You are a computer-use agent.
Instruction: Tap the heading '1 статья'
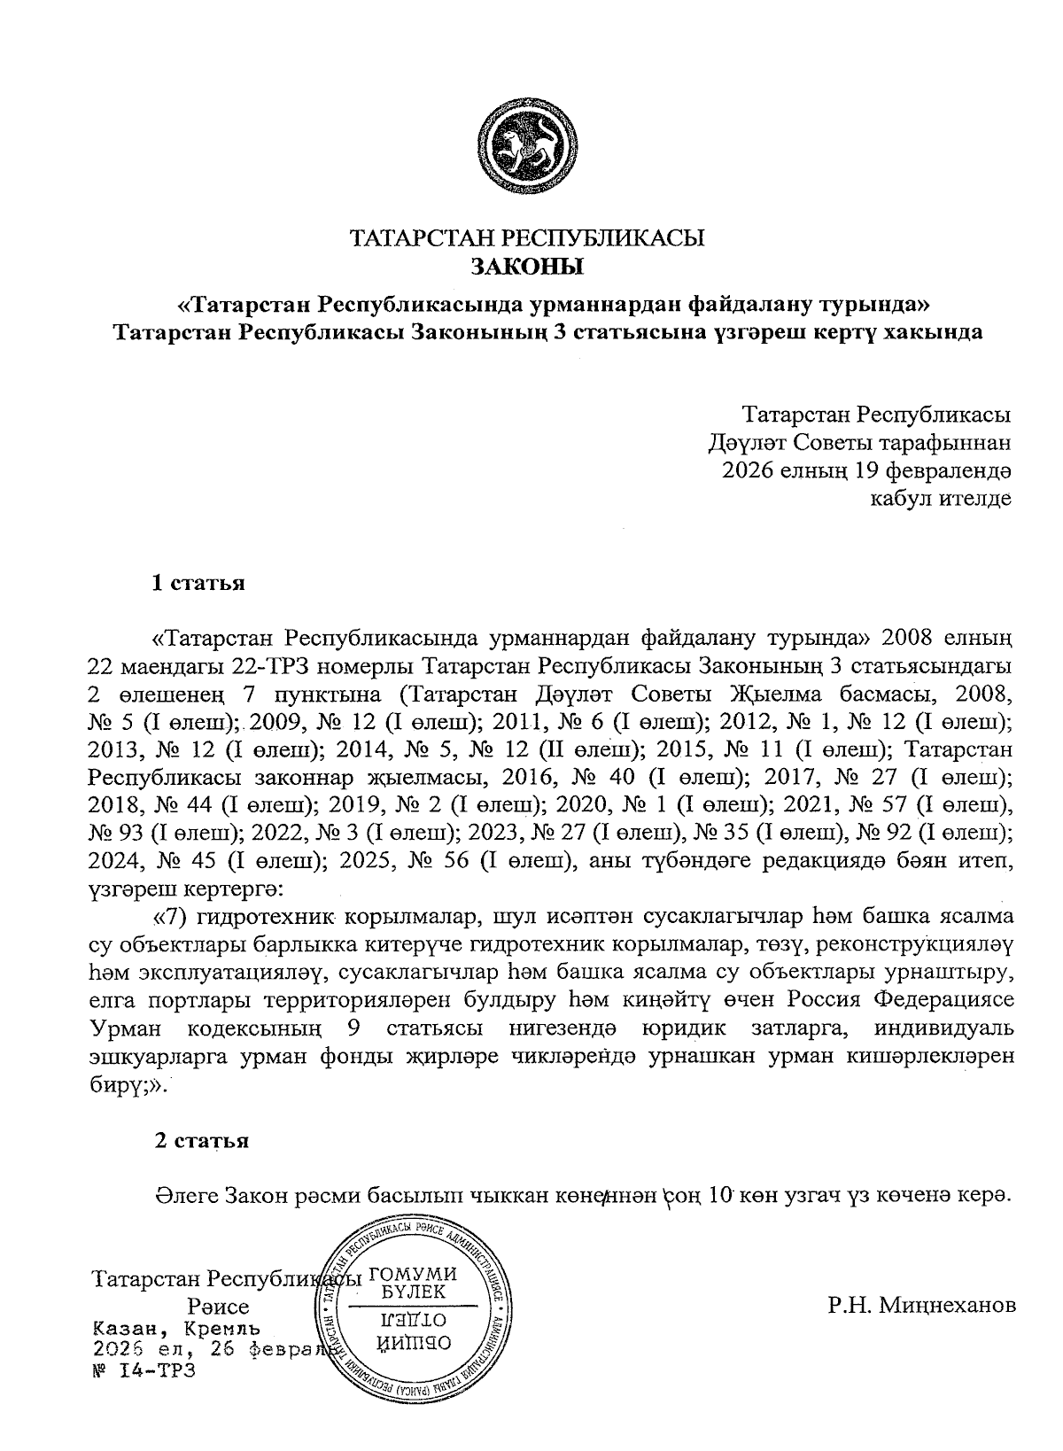pos(198,584)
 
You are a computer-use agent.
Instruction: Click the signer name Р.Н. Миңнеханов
pos(921,1304)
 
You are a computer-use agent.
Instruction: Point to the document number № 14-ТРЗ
pos(142,1370)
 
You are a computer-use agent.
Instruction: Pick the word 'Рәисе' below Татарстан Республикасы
pos(218,1307)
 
